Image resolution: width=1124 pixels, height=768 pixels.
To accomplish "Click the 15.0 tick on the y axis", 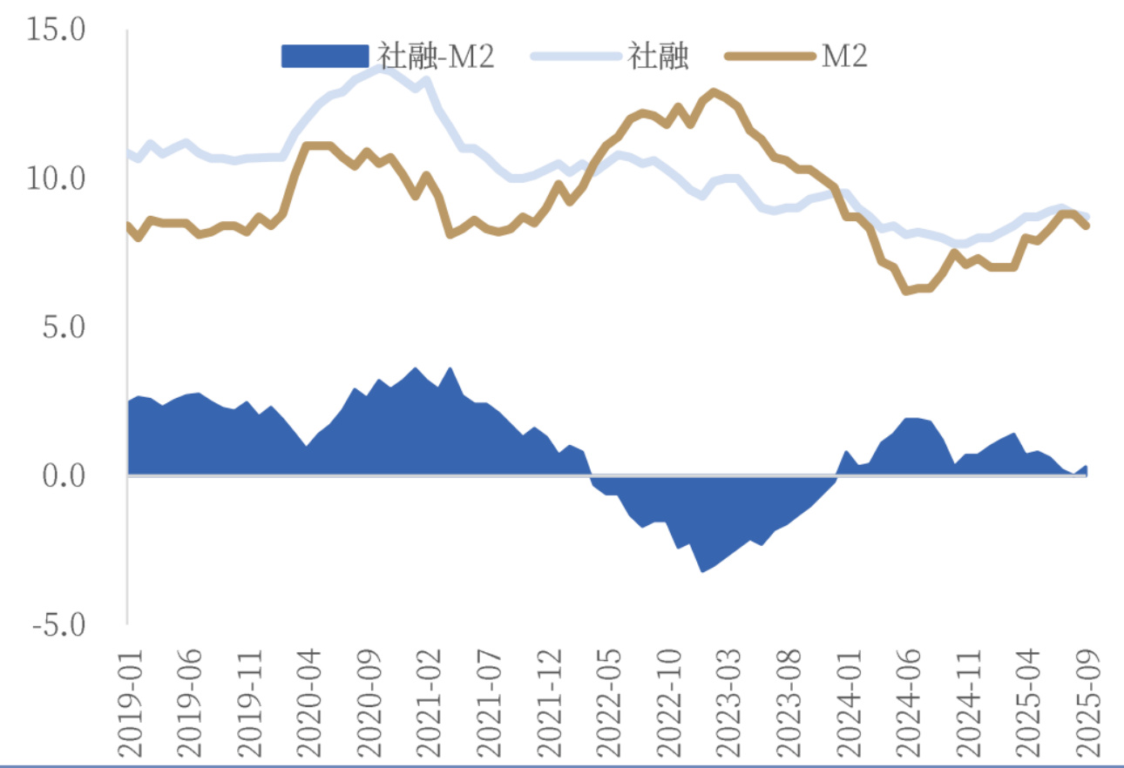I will point(57,31).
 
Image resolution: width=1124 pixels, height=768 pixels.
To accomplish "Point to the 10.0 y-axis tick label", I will point(57,180).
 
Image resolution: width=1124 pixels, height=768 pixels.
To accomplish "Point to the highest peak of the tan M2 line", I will point(714,91).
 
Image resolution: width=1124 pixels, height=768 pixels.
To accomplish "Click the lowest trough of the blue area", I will point(702,571).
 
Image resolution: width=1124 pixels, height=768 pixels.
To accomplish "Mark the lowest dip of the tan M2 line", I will point(906,291).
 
